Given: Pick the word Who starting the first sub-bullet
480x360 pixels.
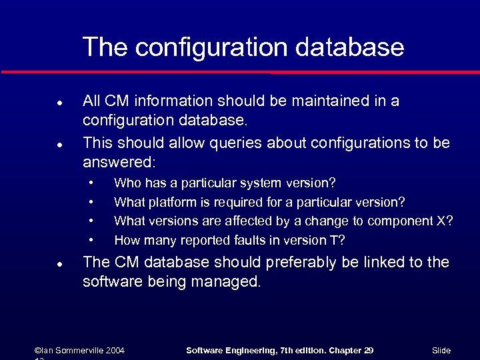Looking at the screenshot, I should click(126, 183).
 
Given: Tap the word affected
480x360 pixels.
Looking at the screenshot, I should click(245, 221).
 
